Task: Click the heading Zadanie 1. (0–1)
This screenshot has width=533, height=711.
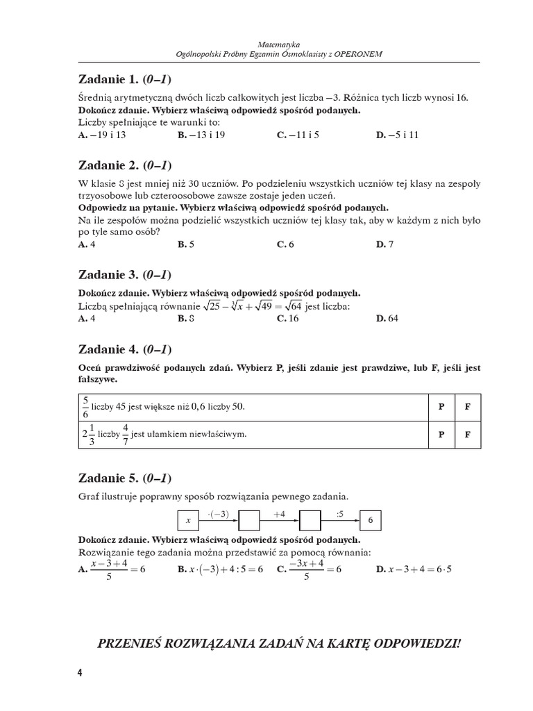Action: tap(125, 78)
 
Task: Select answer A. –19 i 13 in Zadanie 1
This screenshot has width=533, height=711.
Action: tap(102, 135)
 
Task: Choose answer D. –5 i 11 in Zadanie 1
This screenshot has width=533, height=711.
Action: tap(398, 135)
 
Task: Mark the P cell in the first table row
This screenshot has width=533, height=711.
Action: tap(441, 407)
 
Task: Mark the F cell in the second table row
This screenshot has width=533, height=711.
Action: tap(468, 435)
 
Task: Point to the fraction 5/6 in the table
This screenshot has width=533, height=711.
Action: tap(85, 406)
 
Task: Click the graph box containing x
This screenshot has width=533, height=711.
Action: tap(187, 520)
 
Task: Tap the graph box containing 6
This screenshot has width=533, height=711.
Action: tap(371, 520)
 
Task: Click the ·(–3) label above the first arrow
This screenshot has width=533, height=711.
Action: tap(218, 514)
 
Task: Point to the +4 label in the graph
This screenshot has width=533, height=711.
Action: tap(280, 514)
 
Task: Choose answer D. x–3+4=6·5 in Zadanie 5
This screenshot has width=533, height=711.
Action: tap(413, 569)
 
